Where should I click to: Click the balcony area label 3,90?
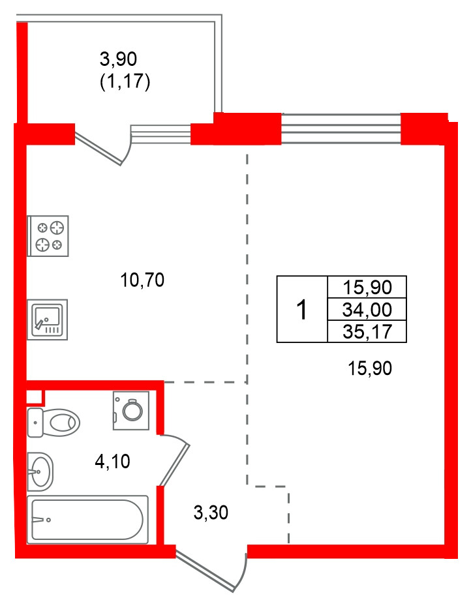tap(118, 59)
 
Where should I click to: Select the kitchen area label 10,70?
tap(142, 280)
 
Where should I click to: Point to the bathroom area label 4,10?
tap(112, 462)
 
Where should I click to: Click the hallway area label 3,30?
tap(211, 513)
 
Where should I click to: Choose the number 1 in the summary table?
tap(301, 310)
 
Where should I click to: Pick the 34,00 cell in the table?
tap(367, 310)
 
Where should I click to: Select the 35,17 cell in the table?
tap(367, 331)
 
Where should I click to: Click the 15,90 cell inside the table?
tap(367, 288)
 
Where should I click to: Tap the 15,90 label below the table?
tap(370, 368)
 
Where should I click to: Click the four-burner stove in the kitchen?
tap(48, 235)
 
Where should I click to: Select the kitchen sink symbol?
tap(48, 320)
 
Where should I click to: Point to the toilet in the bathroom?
tap(53, 423)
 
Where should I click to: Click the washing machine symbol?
tap(131, 410)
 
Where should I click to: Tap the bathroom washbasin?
tap(40, 471)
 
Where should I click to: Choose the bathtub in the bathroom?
tap(87, 520)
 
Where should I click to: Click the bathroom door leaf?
tap(174, 465)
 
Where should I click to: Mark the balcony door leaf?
tap(99, 149)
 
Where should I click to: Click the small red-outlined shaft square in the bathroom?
tap(35, 397)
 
